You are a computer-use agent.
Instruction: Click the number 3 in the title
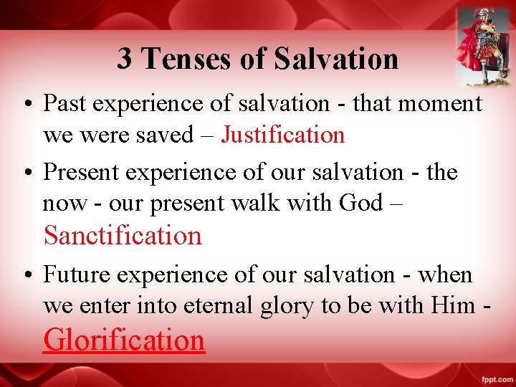pos(125,58)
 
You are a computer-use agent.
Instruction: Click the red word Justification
pos(282,134)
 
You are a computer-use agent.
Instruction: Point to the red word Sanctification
pos(123,235)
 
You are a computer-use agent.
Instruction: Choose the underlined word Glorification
pos(124,339)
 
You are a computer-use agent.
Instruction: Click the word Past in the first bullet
pos(66,104)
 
